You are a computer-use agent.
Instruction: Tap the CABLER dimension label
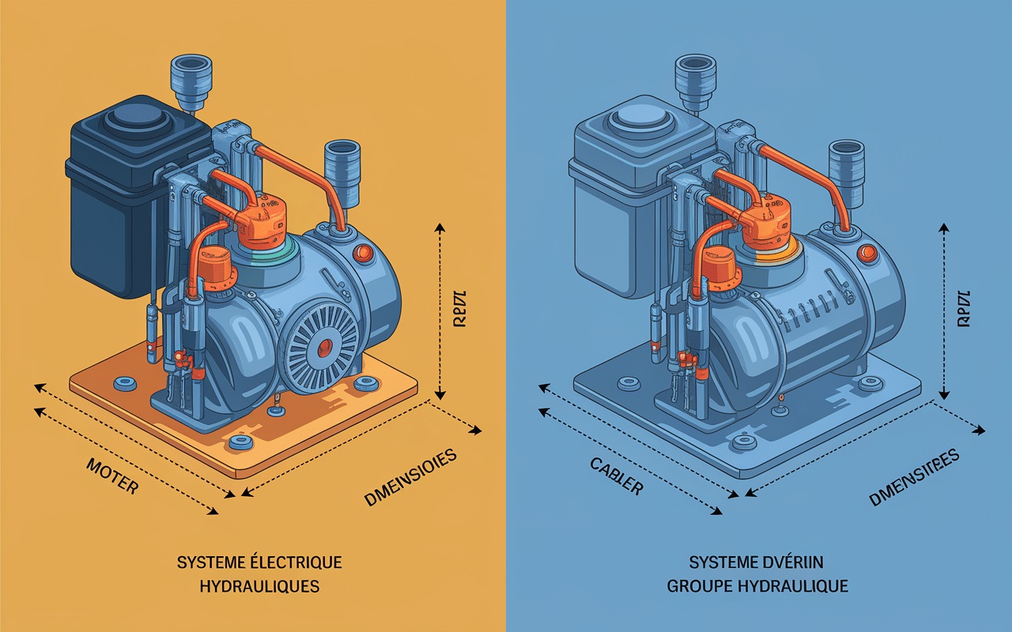(x=617, y=476)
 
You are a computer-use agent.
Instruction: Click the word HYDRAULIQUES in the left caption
(x=259, y=586)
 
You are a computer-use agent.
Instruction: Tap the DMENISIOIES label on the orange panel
(x=411, y=477)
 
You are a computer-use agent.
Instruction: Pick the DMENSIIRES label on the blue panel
(x=914, y=477)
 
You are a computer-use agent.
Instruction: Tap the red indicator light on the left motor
(x=364, y=253)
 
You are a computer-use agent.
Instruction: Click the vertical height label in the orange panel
(x=461, y=311)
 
